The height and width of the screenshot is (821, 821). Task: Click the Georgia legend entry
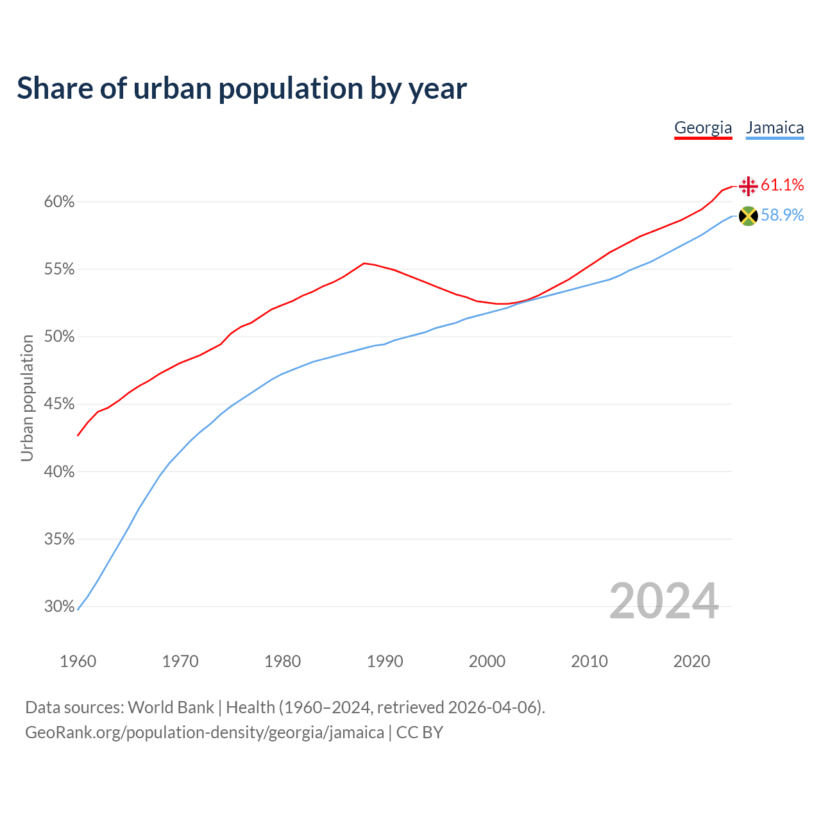[703, 128]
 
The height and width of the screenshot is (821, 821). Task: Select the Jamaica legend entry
[775, 128]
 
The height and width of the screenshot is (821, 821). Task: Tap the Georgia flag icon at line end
[748, 186]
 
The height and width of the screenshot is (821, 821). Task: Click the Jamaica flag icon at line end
[748, 216]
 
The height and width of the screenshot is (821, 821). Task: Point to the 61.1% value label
[783, 185]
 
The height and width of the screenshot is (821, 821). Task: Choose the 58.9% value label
[783, 216]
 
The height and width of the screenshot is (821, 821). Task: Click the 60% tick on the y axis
[60, 202]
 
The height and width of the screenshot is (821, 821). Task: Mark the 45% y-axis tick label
[60, 404]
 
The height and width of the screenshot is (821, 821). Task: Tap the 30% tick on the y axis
[60, 606]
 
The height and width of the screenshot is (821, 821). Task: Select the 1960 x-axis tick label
[78, 661]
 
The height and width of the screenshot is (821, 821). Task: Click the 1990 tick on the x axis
[385, 661]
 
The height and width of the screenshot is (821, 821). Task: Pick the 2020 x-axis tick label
[691, 661]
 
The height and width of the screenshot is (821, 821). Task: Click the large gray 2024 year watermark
[664, 601]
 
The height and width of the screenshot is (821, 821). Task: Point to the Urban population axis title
[27, 398]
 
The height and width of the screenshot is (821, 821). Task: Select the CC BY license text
[419, 732]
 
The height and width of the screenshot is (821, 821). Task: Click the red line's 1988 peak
[364, 263]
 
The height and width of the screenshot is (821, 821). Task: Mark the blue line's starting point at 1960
[78, 609]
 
